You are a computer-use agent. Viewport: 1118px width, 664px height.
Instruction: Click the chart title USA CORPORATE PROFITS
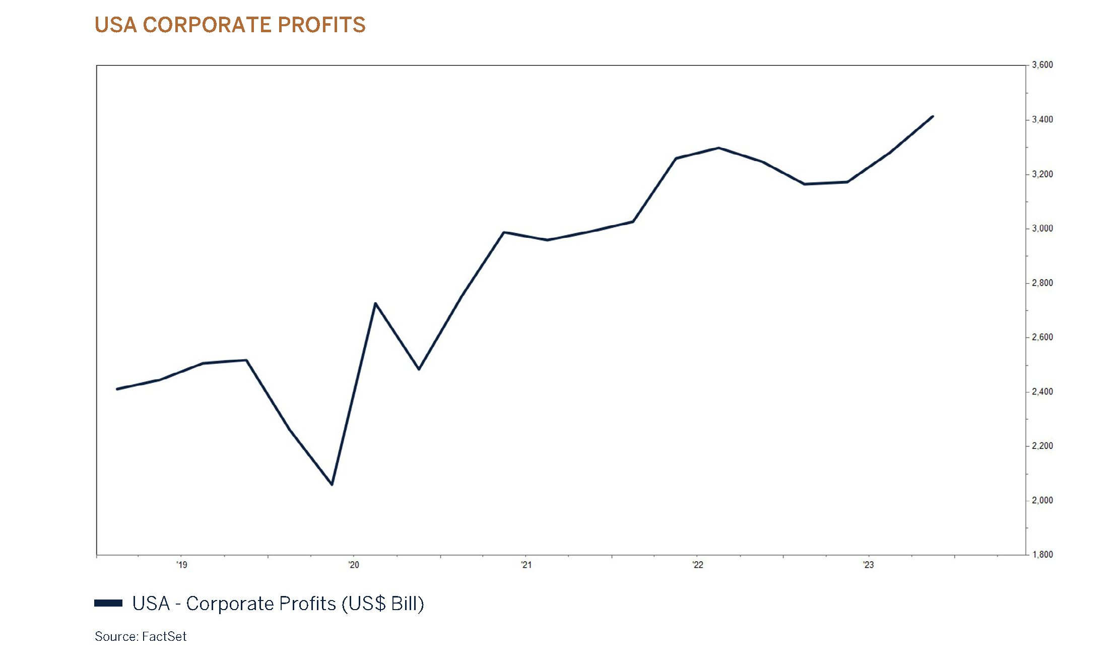click(230, 25)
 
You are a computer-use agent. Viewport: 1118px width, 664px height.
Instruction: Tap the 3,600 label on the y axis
click(1042, 65)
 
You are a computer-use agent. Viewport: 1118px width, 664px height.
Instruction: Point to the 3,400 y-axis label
click(1042, 120)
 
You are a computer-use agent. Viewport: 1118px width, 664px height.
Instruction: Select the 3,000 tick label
click(1042, 229)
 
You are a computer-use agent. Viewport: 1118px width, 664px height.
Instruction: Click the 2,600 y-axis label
click(1042, 338)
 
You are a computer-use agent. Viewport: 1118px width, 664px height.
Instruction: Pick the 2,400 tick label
click(1042, 392)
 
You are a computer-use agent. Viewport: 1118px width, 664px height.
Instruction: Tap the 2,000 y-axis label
click(1042, 501)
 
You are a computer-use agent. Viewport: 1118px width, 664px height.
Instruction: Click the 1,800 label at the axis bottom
click(1042, 555)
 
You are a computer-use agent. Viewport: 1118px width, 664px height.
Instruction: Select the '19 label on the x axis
click(181, 565)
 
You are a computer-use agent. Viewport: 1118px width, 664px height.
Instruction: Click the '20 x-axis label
click(354, 565)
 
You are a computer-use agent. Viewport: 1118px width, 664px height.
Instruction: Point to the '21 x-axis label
click(526, 565)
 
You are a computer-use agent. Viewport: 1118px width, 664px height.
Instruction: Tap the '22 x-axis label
click(697, 565)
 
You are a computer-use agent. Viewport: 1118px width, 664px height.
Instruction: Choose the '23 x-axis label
click(868, 565)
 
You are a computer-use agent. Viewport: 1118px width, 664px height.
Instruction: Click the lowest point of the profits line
click(332, 484)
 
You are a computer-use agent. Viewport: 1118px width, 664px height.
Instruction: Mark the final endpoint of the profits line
click(933, 116)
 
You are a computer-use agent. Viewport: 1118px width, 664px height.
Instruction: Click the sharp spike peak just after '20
click(375, 303)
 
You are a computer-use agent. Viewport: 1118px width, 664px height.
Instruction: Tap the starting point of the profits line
click(117, 389)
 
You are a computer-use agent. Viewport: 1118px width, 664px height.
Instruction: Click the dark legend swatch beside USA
click(108, 603)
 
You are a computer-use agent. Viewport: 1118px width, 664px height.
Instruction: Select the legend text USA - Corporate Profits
click(278, 604)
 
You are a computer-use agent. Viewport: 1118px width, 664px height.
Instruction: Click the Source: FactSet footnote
click(141, 637)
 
